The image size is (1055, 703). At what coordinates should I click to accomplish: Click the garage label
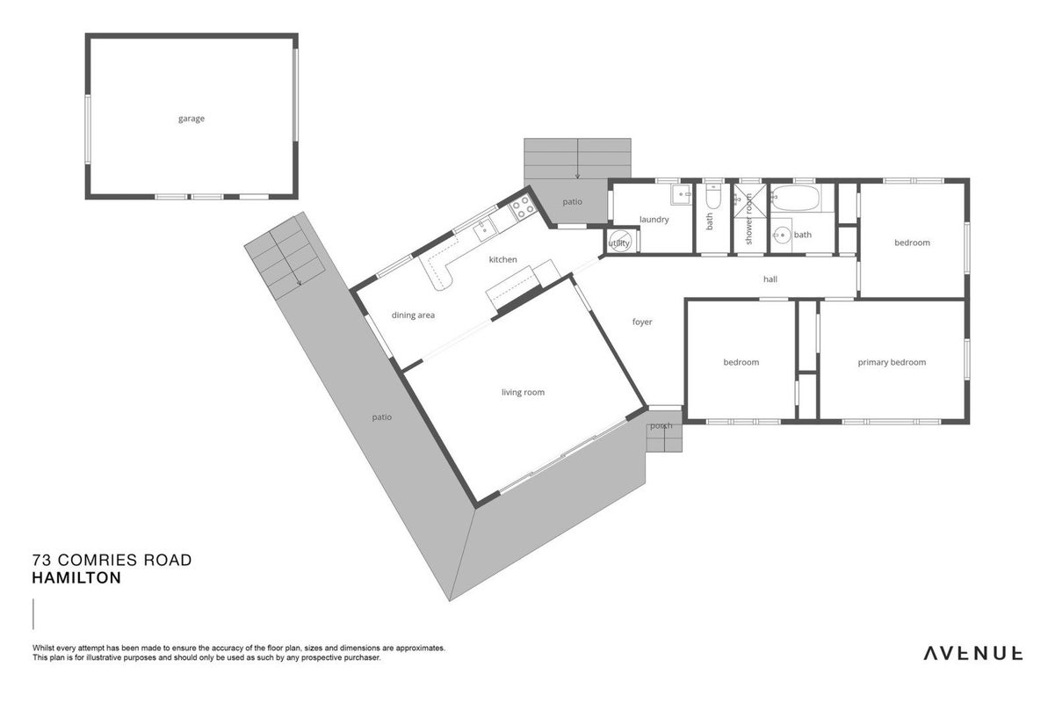click(191, 119)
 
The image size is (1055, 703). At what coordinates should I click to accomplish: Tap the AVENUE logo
click(973, 653)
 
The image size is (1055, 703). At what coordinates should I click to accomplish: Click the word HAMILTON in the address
click(76, 577)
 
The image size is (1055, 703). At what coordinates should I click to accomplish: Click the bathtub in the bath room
click(796, 198)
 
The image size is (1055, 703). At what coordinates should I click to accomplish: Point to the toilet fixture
click(713, 198)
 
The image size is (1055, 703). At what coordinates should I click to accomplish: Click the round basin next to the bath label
click(782, 234)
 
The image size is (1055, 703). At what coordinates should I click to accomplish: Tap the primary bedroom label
click(892, 362)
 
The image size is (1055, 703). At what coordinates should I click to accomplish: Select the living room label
click(523, 392)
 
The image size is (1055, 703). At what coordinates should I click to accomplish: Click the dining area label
click(413, 315)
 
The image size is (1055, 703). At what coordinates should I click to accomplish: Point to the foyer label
click(642, 322)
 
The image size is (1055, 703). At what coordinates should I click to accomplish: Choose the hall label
click(770, 279)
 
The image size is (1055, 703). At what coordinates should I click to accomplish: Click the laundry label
click(654, 220)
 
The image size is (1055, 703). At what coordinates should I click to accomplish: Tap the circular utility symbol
click(619, 242)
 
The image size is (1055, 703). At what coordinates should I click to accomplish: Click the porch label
click(661, 426)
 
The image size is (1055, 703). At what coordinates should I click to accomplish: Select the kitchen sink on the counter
click(483, 229)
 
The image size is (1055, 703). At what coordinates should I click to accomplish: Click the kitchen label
click(502, 259)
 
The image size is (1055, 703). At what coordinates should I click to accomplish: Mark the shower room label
click(748, 220)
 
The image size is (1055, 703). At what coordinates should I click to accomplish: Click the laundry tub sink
click(681, 194)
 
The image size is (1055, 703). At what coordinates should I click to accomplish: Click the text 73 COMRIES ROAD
click(112, 560)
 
